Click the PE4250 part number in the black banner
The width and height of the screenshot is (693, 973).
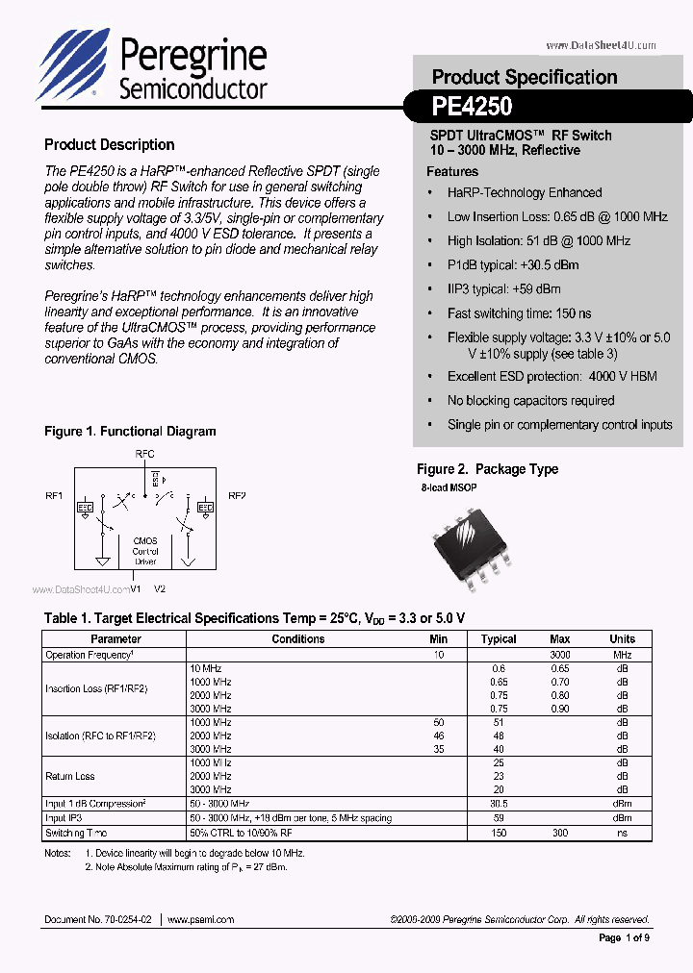tap(472, 106)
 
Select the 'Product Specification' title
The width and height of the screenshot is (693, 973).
tap(524, 77)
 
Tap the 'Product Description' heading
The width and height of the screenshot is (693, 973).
tap(109, 145)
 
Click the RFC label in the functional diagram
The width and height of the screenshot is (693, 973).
tap(145, 455)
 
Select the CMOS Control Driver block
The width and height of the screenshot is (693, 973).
tap(145, 551)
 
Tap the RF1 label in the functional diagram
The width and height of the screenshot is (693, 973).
tap(54, 496)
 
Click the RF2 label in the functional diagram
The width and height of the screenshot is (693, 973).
tap(237, 496)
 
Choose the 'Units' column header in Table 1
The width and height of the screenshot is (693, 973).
tap(622, 638)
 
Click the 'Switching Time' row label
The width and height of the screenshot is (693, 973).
tap(76, 833)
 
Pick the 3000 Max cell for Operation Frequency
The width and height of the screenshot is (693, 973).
tap(559, 655)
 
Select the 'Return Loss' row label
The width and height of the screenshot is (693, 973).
tap(70, 776)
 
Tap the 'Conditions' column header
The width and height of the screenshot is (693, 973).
tap(297, 638)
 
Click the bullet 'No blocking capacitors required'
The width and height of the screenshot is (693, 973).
tap(530, 400)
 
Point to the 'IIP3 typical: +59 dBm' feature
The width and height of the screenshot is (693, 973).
tap(503, 288)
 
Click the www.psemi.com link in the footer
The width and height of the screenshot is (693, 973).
tap(201, 919)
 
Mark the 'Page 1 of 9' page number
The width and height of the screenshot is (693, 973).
tap(624, 938)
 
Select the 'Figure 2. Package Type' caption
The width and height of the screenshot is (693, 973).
tap(487, 469)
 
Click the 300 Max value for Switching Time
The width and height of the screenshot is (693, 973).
tap(559, 833)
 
